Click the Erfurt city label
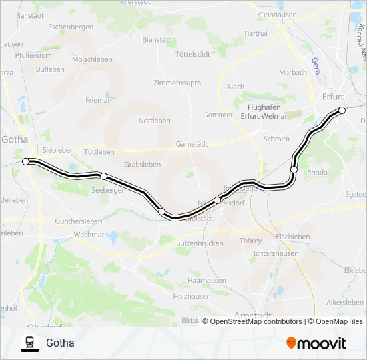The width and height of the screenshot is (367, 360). (332, 96)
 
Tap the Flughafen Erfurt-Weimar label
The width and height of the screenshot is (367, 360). (267, 111)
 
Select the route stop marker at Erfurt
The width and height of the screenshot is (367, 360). (342, 110)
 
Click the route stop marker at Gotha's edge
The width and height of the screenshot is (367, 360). (26, 161)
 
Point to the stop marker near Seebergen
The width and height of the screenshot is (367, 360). (103, 176)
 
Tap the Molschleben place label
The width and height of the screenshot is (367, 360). (92, 59)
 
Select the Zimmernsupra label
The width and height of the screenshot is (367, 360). (177, 83)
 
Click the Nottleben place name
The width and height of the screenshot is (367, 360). (154, 121)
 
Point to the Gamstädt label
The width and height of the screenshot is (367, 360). (192, 144)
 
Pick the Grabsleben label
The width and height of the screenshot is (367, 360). (143, 164)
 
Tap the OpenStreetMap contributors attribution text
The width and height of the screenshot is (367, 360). (256, 321)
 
